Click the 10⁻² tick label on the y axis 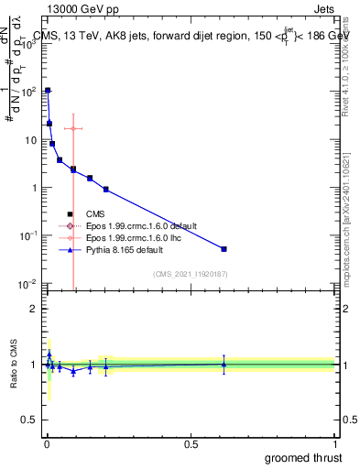click(x=27, y=284)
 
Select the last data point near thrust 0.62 click(x=224, y=249)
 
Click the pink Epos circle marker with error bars click(x=73, y=128)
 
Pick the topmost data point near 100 click(x=48, y=91)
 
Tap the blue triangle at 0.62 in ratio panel click(x=224, y=364)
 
